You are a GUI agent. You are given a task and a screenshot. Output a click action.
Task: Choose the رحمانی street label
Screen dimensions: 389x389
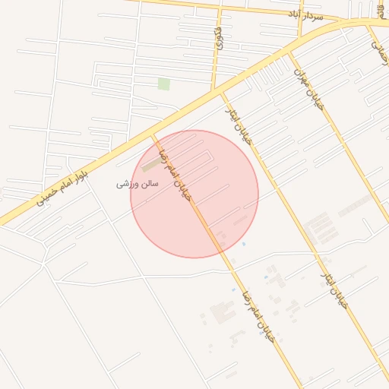tap(379, 51)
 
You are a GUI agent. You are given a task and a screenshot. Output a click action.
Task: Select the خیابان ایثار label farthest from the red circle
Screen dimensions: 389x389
tap(334, 289)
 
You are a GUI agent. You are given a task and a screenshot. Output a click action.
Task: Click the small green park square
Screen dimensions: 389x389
tap(163, 84)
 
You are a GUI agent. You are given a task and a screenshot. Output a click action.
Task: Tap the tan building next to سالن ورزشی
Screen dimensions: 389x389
tap(147, 165)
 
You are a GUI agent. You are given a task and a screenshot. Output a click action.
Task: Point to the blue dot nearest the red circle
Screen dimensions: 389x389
tap(243, 244)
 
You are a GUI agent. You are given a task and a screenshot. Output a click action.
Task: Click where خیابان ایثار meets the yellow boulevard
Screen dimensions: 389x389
tap(222, 91)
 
